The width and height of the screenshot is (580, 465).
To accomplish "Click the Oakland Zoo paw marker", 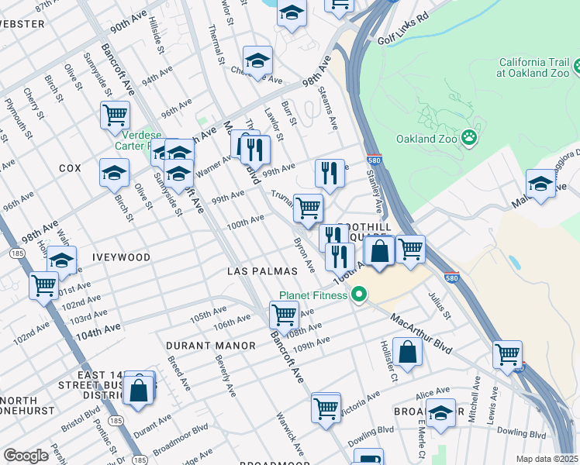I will [468, 138].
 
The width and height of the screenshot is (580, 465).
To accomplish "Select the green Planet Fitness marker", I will [358, 294].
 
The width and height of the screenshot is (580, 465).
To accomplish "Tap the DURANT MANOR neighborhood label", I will [210, 345].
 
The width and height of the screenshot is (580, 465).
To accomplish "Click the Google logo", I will [26, 456].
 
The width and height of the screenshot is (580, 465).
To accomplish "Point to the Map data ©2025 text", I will [547, 459].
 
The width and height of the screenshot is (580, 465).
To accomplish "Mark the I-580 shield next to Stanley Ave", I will [373, 158].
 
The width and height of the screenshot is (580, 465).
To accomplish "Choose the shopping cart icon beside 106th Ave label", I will [284, 315].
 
